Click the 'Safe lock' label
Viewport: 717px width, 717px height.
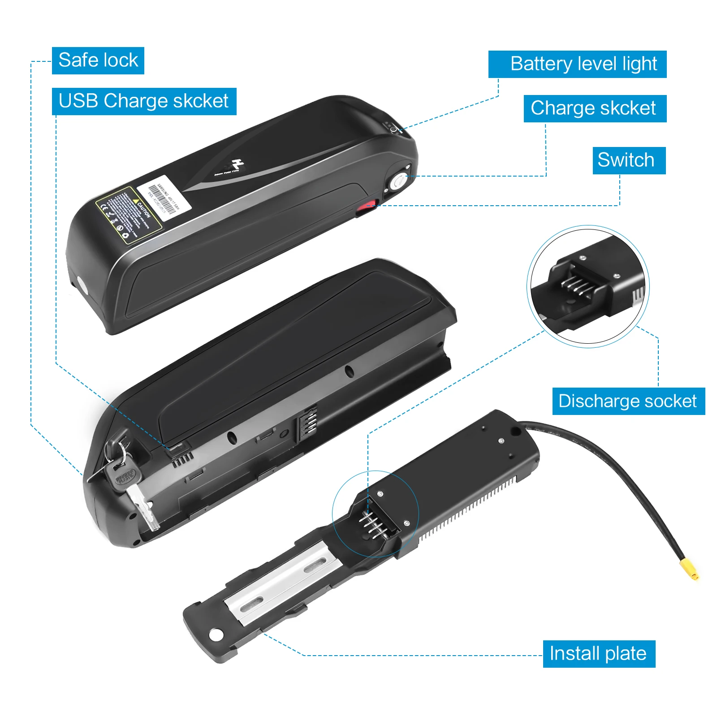point(98,60)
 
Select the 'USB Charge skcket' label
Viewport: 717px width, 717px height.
point(144,101)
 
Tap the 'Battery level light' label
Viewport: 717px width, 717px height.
point(577,64)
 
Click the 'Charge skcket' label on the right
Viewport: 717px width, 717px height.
point(595,108)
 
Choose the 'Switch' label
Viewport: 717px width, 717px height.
point(629,160)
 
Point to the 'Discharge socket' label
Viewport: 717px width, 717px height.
point(628,401)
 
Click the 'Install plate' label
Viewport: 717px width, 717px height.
point(599,654)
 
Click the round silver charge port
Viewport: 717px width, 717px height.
point(397,182)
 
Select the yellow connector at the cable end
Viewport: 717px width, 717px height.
point(689,569)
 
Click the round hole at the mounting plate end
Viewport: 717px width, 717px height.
point(216,634)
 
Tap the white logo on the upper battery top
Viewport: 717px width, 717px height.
point(235,165)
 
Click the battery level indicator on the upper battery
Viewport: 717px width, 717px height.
point(391,127)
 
